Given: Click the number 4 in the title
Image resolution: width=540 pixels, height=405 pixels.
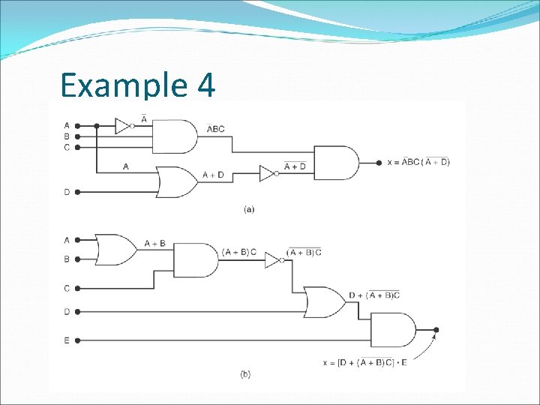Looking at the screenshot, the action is pos(206,85).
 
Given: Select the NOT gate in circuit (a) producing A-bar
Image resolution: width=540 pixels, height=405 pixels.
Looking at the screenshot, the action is pos(123,126).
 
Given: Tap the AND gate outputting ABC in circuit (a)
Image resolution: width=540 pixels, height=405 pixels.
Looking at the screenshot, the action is pos(174,136).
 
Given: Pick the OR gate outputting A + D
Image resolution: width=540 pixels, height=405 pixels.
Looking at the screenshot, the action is pos(177,181).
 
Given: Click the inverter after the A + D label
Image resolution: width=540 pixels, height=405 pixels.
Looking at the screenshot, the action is pos(268,174).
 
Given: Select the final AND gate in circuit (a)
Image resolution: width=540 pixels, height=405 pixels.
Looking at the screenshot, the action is pos(334,163).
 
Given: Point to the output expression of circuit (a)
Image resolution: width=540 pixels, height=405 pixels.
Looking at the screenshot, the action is pos(418,163).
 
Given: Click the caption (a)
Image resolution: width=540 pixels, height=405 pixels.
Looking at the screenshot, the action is pos(249,209).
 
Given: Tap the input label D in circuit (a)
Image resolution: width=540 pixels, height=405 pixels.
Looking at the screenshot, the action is pos(67,192).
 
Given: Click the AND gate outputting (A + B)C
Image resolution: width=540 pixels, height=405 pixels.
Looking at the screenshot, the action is pos(194,260).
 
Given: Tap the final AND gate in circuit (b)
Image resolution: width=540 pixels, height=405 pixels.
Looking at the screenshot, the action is pos(392,329).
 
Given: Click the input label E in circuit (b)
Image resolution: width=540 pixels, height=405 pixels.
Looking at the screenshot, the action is pos(67,340).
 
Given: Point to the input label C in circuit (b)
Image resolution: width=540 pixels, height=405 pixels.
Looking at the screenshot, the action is pos(67,288).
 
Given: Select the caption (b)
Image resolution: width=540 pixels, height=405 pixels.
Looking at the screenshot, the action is pos(245,373).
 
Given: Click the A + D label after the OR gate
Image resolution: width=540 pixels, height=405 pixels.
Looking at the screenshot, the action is pos(214,175).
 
